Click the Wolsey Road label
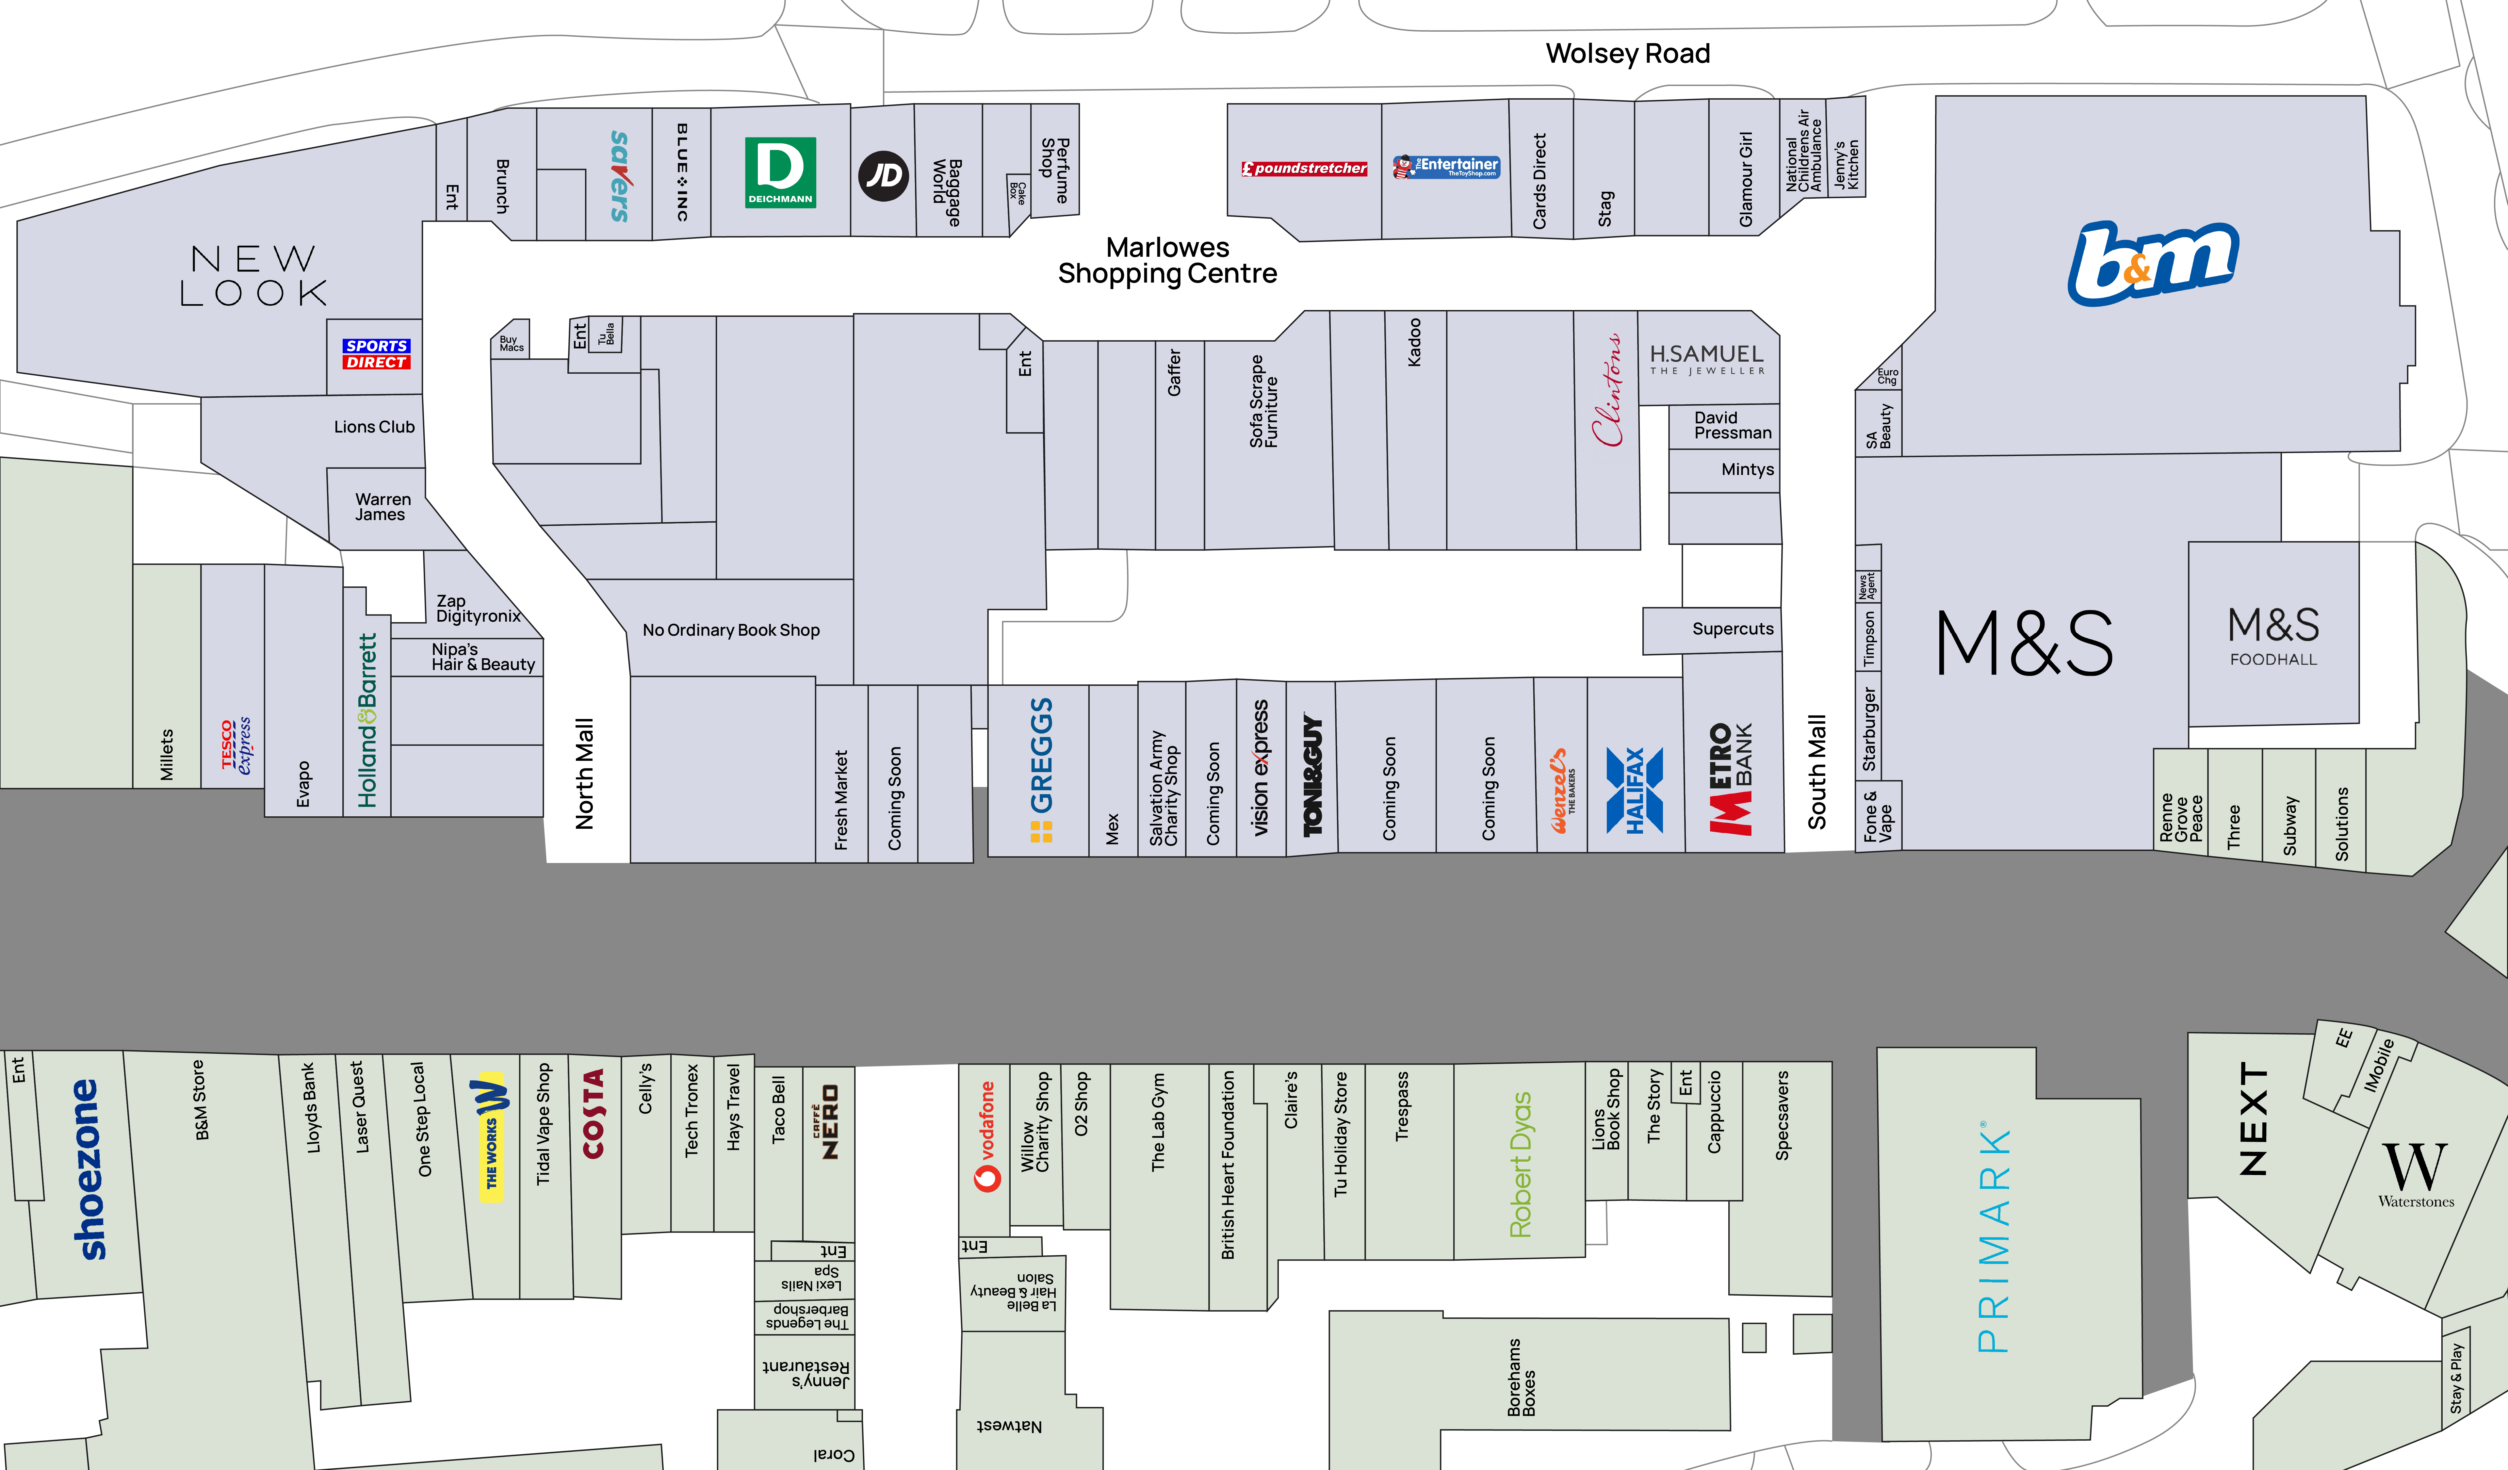(x=1627, y=54)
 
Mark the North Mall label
(x=584, y=773)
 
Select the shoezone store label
(x=88, y=1169)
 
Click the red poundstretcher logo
(x=1304, y=168)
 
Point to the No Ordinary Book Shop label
(x=730, y=630)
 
